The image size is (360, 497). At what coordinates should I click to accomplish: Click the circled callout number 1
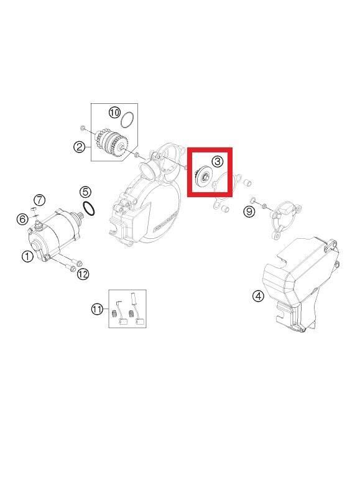coord(27,256)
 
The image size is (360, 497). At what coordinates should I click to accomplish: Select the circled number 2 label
coord(80,147)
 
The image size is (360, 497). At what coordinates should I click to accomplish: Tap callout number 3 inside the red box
coord(217,161)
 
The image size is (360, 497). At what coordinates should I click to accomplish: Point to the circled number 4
coord(258,295)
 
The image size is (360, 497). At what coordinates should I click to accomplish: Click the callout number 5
coord(85,192)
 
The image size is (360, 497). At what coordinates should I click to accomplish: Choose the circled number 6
coord(22,218)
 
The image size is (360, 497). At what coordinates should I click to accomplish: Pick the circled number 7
coord(39,200)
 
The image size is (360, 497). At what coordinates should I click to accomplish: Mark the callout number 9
coord(249,212)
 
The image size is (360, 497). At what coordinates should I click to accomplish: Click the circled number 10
coord(114,112)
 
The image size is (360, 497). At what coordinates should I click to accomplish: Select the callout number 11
coord(97,309)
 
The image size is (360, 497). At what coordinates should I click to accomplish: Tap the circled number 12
coord(83,274)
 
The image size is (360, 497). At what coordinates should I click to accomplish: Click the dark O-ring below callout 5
coord(89,209)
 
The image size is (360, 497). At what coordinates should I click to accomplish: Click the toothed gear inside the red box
coord(203,177)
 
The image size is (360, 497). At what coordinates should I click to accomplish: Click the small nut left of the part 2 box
coord(83,128)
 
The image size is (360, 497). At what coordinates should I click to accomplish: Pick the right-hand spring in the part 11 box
coord(132,314)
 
